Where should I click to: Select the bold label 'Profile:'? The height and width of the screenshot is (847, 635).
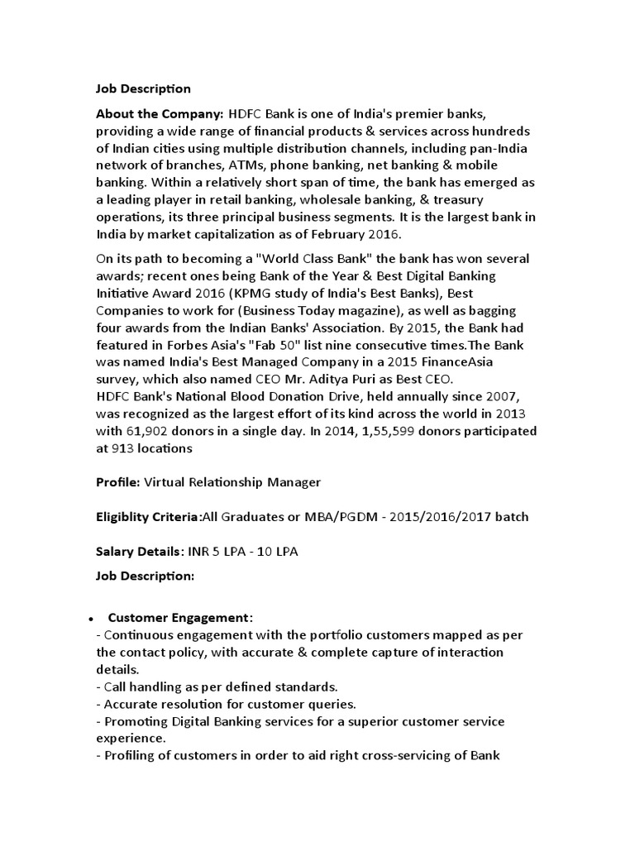tap(118, 482)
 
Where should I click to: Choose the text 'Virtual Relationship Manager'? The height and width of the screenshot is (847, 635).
tap(232, 482)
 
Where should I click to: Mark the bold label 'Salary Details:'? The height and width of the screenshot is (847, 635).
tap(136, 552)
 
